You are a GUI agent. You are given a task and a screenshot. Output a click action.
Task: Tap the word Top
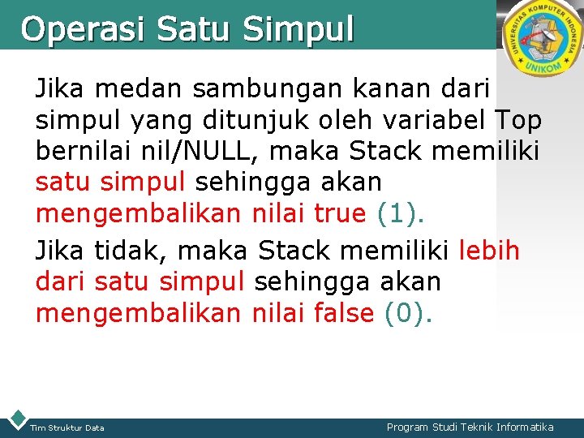click(517, 121)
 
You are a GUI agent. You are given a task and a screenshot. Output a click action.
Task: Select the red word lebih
click(489, 251)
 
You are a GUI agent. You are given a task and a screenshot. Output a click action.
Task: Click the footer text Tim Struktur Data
click(67, 427)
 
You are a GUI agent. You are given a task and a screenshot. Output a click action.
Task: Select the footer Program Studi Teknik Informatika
click(470, 427)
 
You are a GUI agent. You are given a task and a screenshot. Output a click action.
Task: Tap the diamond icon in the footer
click(16, 418)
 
